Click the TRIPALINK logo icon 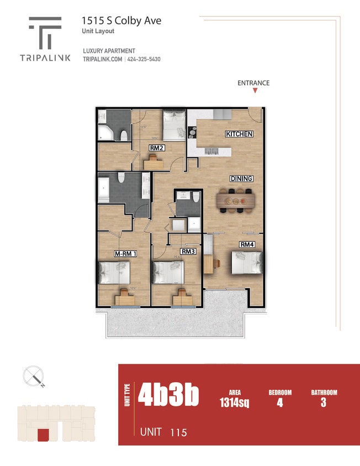(x=45, y=32)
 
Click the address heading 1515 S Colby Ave (x=121, y=20)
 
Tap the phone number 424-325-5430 (x=144, y=60)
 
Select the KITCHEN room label (x=239, y=134)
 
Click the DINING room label (x=241, y=178)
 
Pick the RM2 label (x=157, y=148)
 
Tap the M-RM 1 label (x=125, y=253)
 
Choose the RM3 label (x=188, y=252)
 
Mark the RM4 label (x=246, y=244)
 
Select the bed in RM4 (x=246, y=263)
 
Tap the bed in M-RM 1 (x=114, y=272)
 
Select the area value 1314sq (x=234, y=403)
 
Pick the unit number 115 (x=178, y=432)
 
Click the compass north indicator (x=34, y=377)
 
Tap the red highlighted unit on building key (x=43, y=435)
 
